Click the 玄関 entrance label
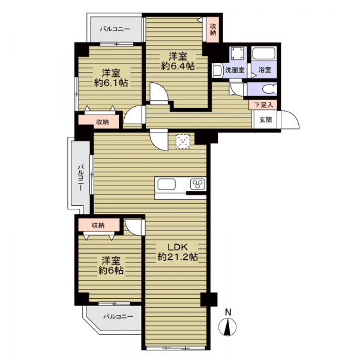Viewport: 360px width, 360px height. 266,119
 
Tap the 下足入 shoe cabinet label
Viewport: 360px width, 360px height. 264,105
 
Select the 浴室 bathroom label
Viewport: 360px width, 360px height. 265,70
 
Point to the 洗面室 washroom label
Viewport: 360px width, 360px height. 235,70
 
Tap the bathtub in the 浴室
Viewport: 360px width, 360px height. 265,53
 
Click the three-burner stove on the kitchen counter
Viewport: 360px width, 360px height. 198,184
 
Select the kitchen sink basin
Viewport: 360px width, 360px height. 166,184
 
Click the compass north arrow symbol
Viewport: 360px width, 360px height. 227,327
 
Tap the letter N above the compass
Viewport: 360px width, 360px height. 228,313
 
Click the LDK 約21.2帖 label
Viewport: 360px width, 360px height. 178,252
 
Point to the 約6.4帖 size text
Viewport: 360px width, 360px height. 178,67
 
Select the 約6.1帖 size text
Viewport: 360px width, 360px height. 111,83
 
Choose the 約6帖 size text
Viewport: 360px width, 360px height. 111,271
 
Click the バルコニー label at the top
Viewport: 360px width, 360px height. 115,29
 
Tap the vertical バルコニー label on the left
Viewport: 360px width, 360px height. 80,178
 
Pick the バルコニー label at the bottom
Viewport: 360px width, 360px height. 118,317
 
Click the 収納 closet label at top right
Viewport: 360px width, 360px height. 213,29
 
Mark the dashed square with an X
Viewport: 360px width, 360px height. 183,142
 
